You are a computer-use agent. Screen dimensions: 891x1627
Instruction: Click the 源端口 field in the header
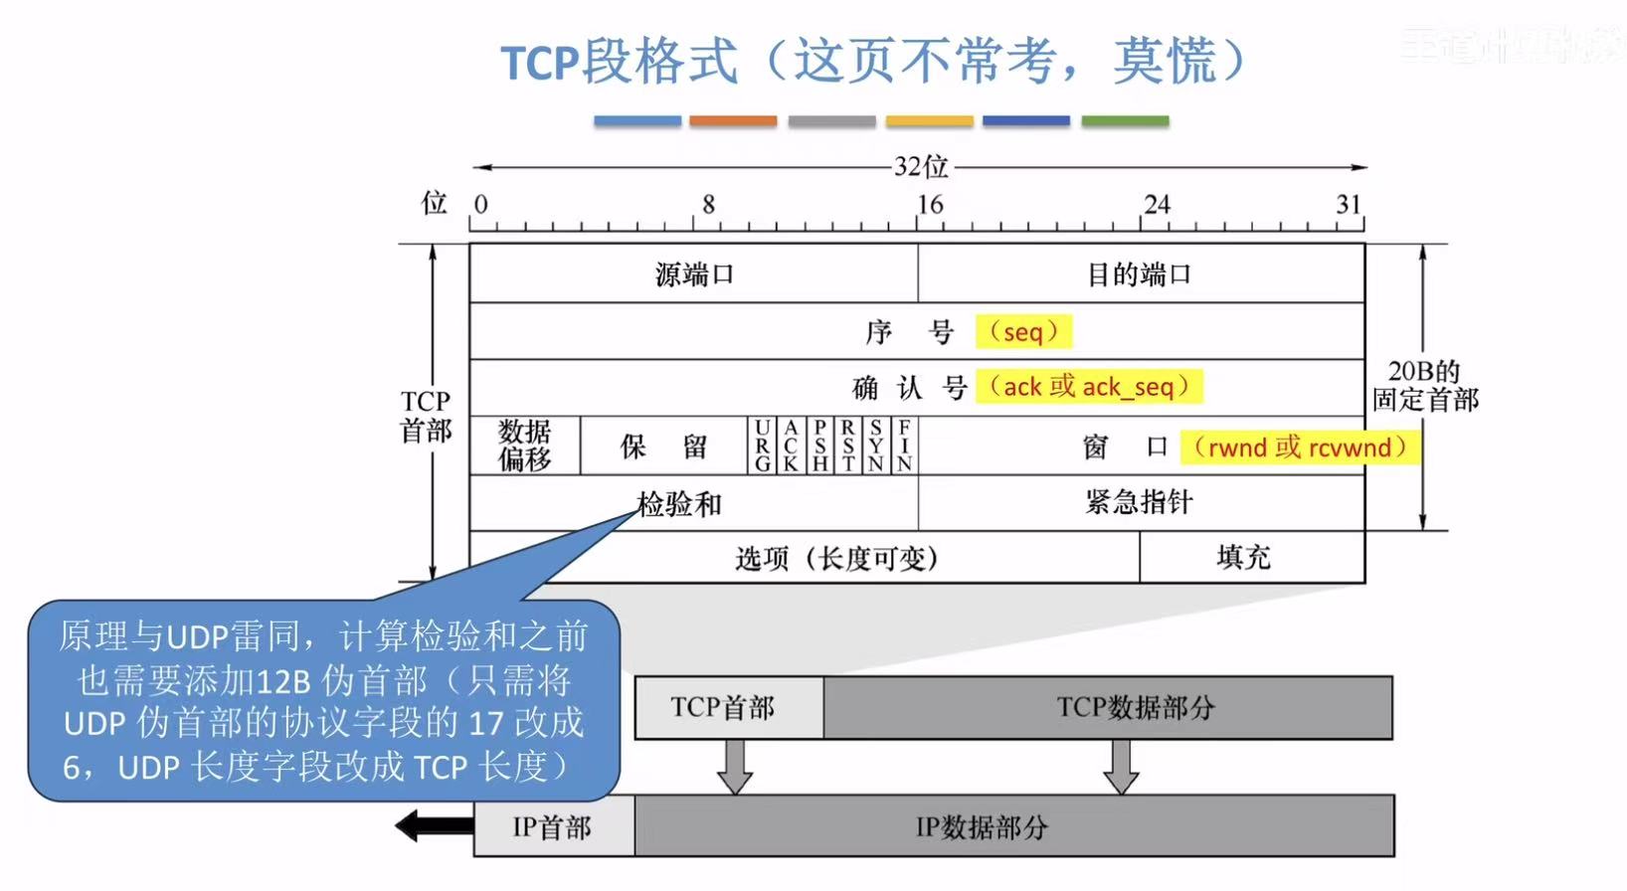pos(693,273)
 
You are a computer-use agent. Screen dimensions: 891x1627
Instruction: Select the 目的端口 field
pos(1140,273)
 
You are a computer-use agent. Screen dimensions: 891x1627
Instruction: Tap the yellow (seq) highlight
pos(1023,331)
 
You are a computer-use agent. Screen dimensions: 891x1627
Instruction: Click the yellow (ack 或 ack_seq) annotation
pos(1089,386)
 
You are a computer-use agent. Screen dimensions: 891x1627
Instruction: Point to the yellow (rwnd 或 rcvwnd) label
pos(1300,446)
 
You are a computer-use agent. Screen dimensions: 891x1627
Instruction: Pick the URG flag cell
pos(763,445)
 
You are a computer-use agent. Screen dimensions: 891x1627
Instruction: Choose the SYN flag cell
pos(875,445)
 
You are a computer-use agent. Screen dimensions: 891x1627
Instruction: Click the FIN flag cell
pos(904,445)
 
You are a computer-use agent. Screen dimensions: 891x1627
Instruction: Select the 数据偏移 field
pos(524,445)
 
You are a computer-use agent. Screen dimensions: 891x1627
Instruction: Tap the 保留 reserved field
pos(663,445)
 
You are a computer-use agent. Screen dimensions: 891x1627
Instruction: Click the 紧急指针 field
pos(1140,502)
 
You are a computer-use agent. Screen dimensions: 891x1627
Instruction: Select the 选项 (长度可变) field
pos(835,558)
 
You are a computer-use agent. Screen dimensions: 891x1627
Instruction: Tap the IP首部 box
pos(553,826)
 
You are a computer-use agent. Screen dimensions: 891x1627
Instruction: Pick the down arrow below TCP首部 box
pos(735,767)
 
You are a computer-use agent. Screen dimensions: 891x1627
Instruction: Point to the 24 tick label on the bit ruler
pos(1156,204)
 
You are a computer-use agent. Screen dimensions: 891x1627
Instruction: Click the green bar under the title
pos(1125,121)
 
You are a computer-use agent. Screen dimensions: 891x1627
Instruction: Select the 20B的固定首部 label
pos(1425,386)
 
